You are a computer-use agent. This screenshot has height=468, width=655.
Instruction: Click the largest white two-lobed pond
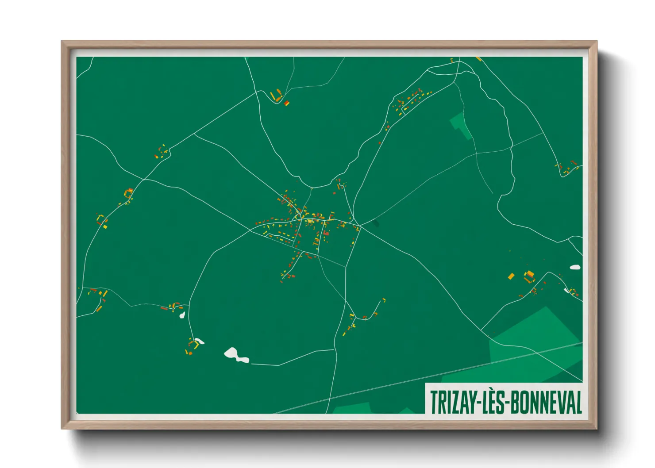(235, 355)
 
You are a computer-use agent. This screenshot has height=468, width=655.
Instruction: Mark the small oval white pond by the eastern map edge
(575, 267)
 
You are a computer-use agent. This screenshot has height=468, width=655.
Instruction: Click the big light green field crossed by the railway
(536, 345)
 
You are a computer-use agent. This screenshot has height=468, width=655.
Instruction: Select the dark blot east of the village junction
(376, 223)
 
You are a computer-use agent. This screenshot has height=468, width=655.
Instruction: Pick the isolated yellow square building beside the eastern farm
(511, 276)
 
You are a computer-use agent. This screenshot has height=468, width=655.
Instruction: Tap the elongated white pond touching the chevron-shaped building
(199, 341)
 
